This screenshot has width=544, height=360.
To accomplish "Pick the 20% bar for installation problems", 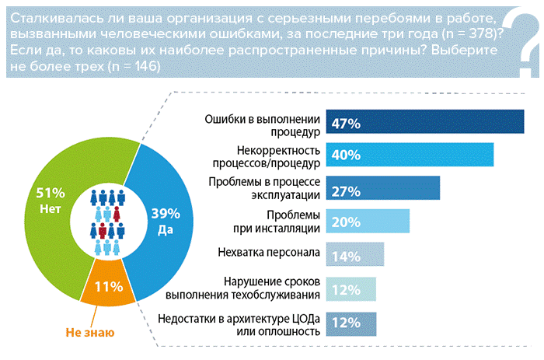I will [x=367, y=222].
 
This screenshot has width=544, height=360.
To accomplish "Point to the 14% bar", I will [x=354, y=254].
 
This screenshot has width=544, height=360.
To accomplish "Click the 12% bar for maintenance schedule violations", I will [x=350, y=288].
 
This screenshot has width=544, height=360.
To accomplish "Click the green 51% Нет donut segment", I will [x=54, y=202].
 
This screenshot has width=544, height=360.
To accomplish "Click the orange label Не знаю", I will [x=89, y=332].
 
